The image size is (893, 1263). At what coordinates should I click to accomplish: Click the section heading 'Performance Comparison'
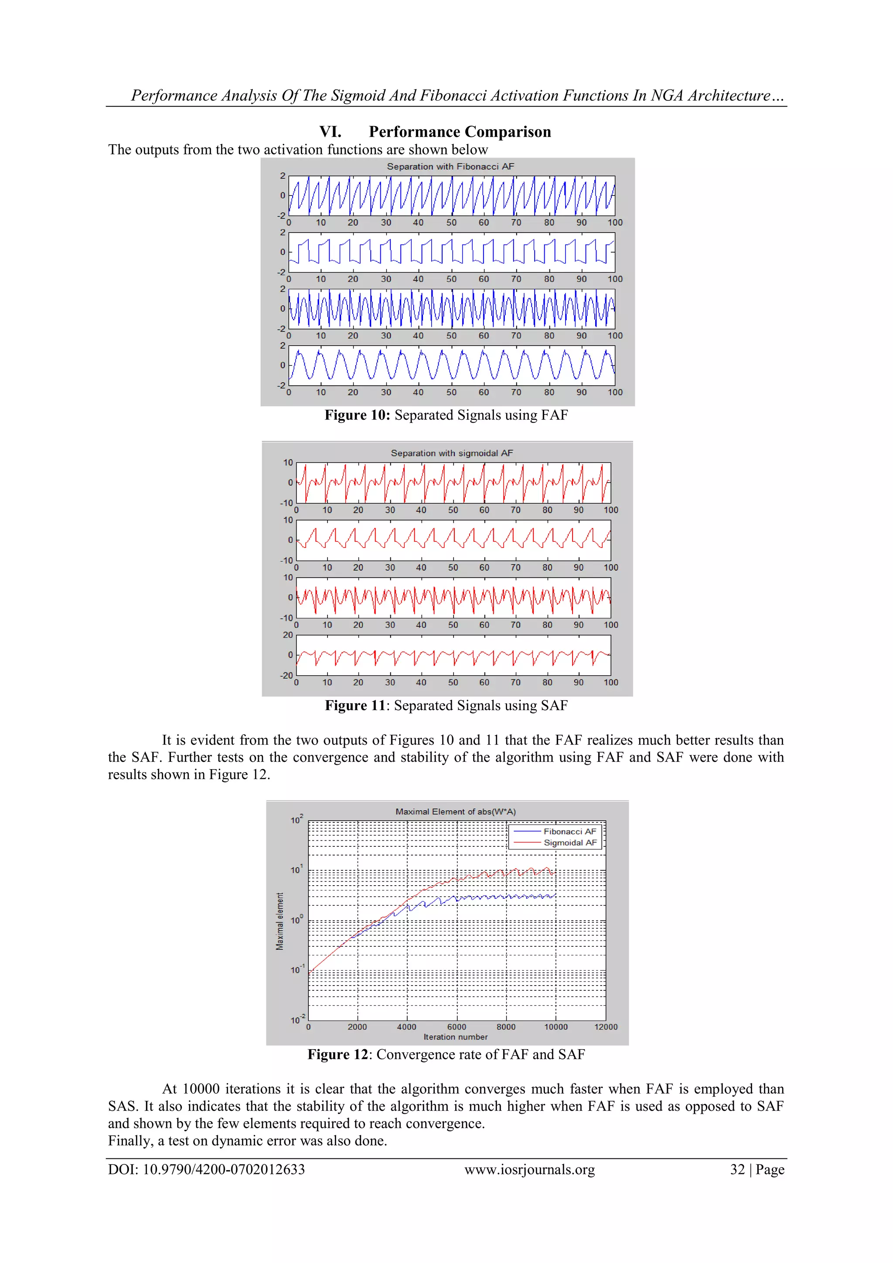click(x=460, y=132)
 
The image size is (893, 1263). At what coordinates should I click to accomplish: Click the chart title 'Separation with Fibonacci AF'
click(x=450, y=167)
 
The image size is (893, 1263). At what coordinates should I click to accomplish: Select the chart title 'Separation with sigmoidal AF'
click(x=451, y=453)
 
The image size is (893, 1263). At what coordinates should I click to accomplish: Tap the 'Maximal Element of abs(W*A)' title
click(x=455, y=811)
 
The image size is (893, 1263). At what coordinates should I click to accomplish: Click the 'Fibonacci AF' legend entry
click(x=569, y=832)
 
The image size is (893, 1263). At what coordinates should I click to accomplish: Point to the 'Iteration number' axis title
click(x=455, y=1037)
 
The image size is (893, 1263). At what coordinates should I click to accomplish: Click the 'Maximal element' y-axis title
click(x=280, y=921)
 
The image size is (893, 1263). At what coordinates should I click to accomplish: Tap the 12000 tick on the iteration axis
click(x=605, y=1027)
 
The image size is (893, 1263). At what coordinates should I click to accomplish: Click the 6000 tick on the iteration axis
click(x=457, y=1027)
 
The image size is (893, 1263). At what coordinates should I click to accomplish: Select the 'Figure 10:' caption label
click(x=357, y=415)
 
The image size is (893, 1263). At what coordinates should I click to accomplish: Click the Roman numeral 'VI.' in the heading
click(x=330, y=132)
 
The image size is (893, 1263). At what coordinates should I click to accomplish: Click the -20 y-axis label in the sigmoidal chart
click(x=286, y=675)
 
